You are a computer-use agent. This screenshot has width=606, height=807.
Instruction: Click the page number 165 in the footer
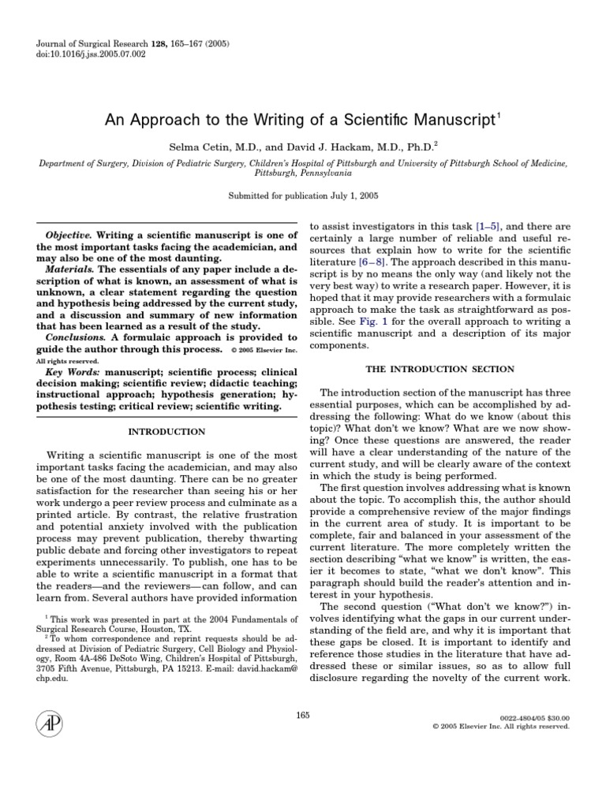coord(303,715)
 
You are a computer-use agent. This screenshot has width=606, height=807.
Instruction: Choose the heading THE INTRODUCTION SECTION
coord(440,369)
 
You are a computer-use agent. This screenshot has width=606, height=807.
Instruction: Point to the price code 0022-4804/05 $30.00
coord(535,718)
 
